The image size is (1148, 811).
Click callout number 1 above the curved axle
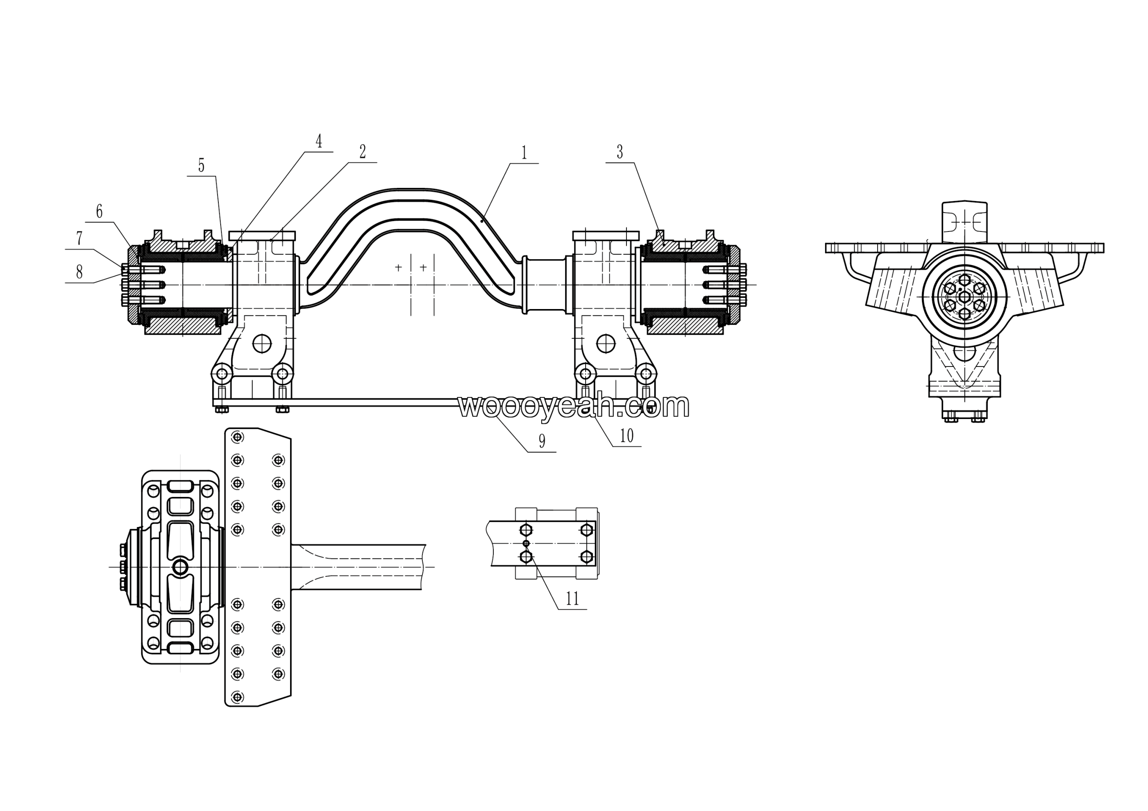pos(524,153)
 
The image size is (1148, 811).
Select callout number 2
pos(362,152)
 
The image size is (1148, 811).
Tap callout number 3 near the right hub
pos(620,152)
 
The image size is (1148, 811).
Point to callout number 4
pos(318,141)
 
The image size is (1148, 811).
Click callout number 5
pos(201,166)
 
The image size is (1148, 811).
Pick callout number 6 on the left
pos(99,212)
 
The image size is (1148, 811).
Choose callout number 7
pos(79,239)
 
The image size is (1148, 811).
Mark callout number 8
pos(79,272)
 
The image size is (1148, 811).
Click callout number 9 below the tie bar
pos(542,441)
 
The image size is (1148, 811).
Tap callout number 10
pos(626,436)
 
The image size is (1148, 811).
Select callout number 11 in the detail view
pos(572,598)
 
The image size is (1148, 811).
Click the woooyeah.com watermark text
pos(574,406)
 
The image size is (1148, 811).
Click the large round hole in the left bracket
pos(262,344)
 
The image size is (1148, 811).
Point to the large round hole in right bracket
pos(606,344)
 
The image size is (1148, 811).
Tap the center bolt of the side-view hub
pos(965,297)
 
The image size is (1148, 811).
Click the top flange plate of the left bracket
pos(262,235)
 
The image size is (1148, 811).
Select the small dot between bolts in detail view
pos(526,543)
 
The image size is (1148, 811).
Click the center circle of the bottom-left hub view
pos(180,567)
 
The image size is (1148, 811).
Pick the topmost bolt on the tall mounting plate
pos(238,437)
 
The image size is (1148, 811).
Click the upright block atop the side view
pos(965,222)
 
